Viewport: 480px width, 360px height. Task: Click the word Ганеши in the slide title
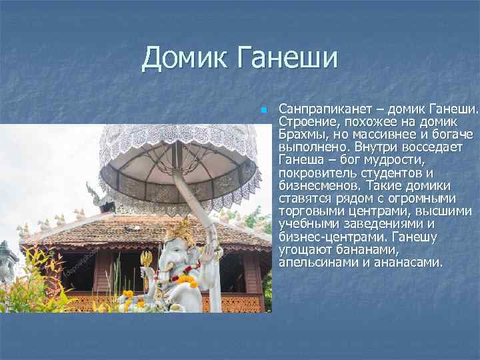(286, 59)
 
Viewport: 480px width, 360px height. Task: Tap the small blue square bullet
(263, 108)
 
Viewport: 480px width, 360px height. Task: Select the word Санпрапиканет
(323, 108)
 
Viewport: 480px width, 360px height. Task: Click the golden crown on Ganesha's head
(181, 229)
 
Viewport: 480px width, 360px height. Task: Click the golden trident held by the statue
(145, 263)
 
